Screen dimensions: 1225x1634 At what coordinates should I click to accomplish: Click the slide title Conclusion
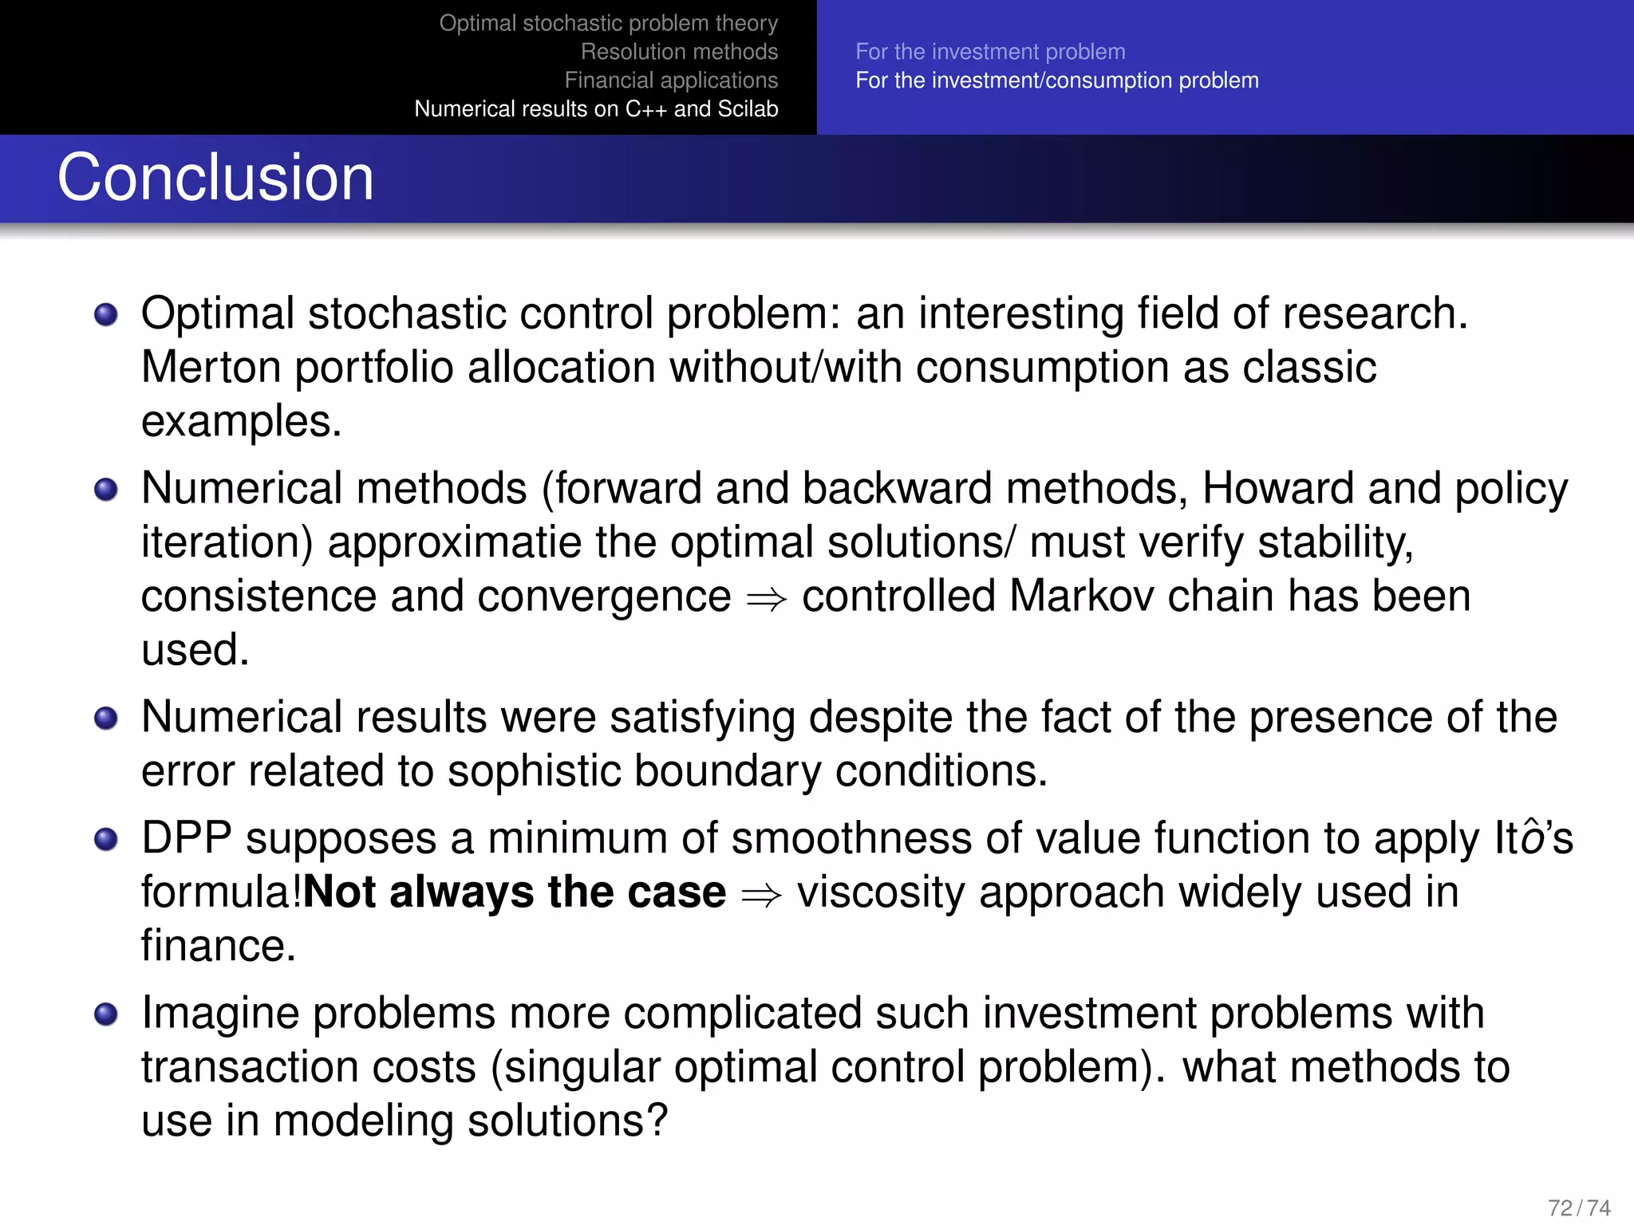pos(215,177)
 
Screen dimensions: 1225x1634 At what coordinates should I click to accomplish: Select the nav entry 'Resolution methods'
pos(679,52)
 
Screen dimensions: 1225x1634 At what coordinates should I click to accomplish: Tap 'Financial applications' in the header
pos(671,81)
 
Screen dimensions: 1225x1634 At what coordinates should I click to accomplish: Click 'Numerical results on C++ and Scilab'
pos(596,109)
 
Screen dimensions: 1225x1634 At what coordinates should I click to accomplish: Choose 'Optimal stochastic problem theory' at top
pos(608,23)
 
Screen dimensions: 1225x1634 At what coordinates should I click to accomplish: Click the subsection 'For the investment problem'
pos(990,52)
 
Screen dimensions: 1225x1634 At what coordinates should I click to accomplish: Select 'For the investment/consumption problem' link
pos(1057,81)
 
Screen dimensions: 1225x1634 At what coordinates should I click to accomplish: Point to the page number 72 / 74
pos(1578,1207)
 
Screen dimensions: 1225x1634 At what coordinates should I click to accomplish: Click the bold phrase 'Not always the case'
pos(515,892)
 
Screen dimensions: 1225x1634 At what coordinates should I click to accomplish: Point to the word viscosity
pos(881,892)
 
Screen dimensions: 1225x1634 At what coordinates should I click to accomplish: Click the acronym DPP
pos(186,838)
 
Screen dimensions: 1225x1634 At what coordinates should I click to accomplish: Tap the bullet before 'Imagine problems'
pos(106,1014)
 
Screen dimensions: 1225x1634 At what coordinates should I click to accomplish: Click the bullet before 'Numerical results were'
pos(106,719)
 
